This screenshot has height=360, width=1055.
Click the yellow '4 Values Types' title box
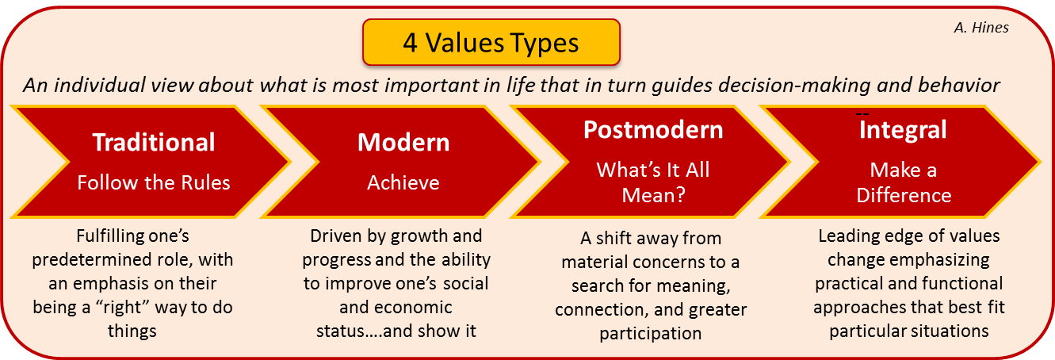point(491,42)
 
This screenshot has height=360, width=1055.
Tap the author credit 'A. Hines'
point(981,28)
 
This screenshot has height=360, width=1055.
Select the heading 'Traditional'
point(154,142)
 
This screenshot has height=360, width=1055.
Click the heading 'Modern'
point(403,142)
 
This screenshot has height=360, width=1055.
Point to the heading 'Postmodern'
point(653,129)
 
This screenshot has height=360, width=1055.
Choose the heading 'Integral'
point(903,129)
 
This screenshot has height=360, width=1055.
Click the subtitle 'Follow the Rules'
point(154,183)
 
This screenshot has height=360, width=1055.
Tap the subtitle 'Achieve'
point(403,183)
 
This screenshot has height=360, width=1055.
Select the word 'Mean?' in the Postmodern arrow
point(653,195)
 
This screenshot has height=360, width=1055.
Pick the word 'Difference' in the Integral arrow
point(904,195)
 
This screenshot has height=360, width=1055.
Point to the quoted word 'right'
point(122,307)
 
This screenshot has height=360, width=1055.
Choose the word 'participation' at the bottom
point(651,334)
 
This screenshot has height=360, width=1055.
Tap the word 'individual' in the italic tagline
point(99,86)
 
